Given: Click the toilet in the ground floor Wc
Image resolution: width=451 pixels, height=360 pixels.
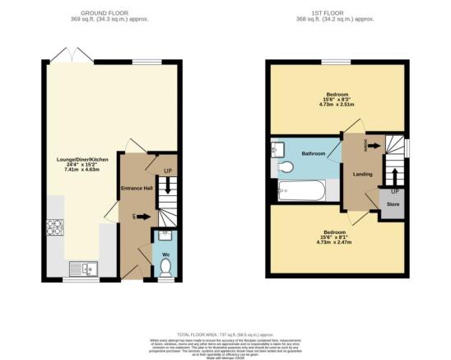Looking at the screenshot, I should (x=165, y=268).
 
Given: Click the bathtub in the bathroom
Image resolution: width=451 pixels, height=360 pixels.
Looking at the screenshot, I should (x=301, y=195).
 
